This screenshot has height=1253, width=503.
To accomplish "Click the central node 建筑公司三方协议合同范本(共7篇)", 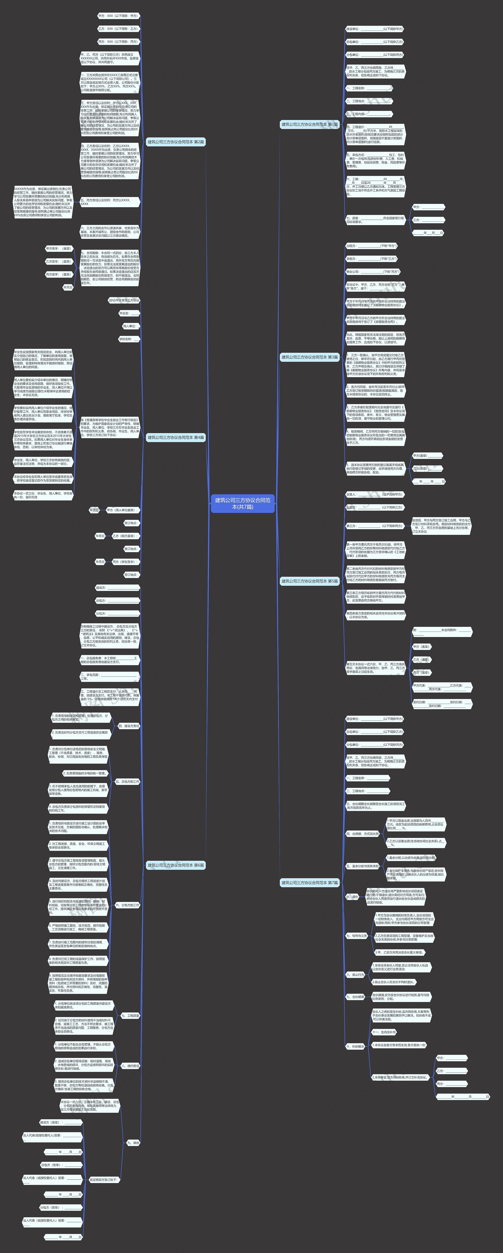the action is [242, 503].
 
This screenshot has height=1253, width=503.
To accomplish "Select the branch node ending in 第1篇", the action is [309, 125].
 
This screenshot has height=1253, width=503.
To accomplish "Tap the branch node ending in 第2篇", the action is [176, 142].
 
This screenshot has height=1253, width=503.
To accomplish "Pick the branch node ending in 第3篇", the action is [309, 357].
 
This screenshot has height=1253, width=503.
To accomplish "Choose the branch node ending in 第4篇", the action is [176, 437].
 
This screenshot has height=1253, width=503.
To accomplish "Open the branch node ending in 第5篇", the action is [309, 581].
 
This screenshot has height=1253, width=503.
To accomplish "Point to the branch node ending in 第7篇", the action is [309, 882].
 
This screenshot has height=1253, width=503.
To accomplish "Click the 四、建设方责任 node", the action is [129, 726].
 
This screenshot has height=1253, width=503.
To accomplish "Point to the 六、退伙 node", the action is [352, 896].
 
